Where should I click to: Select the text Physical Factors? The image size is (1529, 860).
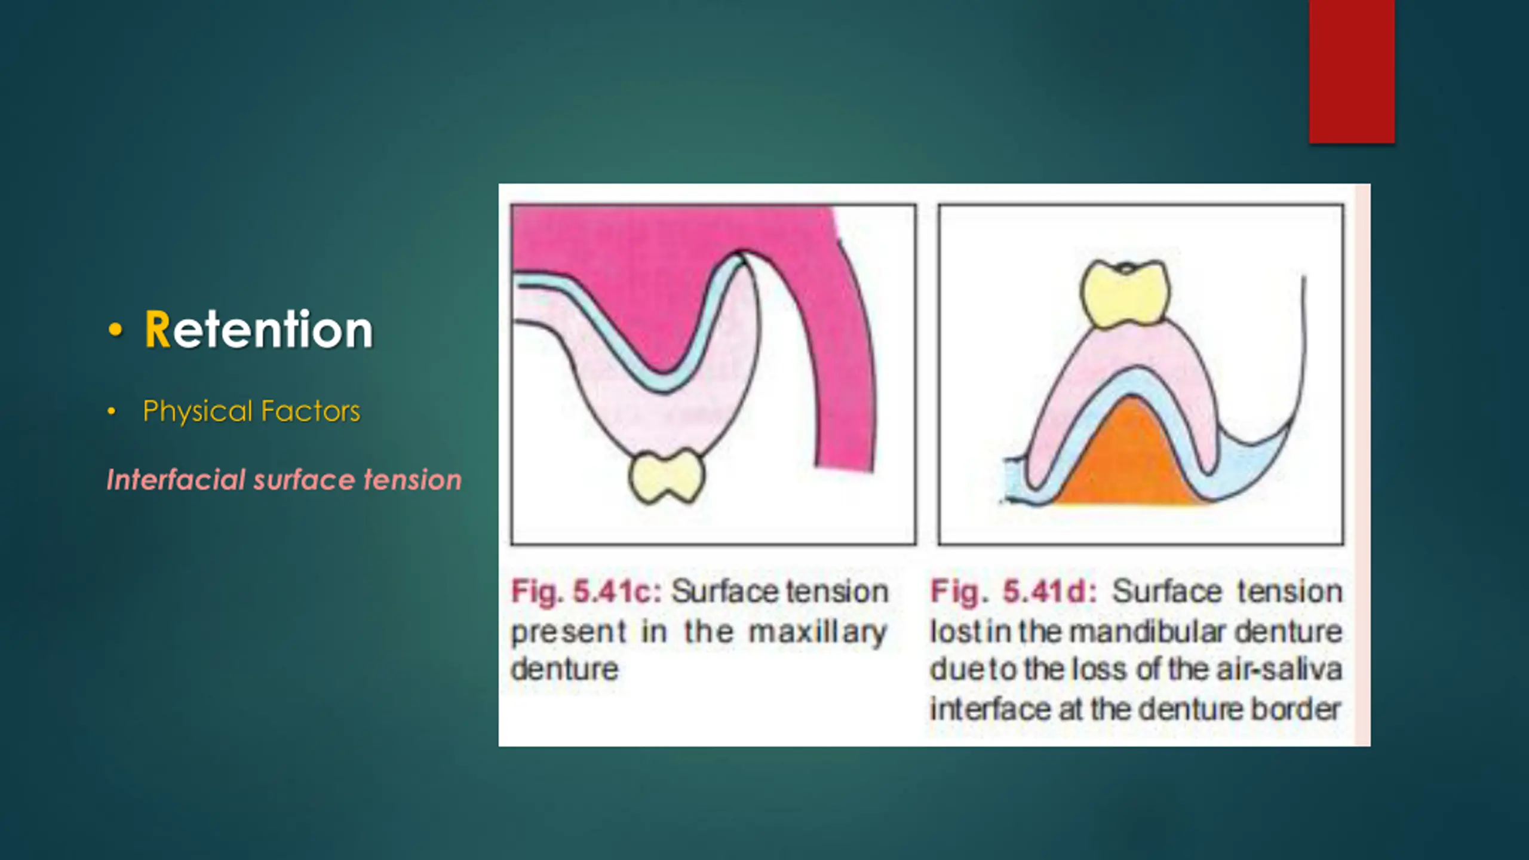coord(251,411)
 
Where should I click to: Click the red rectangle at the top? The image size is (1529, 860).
coord(1352,72)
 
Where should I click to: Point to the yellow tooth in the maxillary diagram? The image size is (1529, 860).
coord(667,477)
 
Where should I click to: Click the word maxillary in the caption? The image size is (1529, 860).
coord(818,632)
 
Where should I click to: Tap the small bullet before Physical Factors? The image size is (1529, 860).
coord(111,411)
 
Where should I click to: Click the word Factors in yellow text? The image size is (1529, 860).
coord(311,411)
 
